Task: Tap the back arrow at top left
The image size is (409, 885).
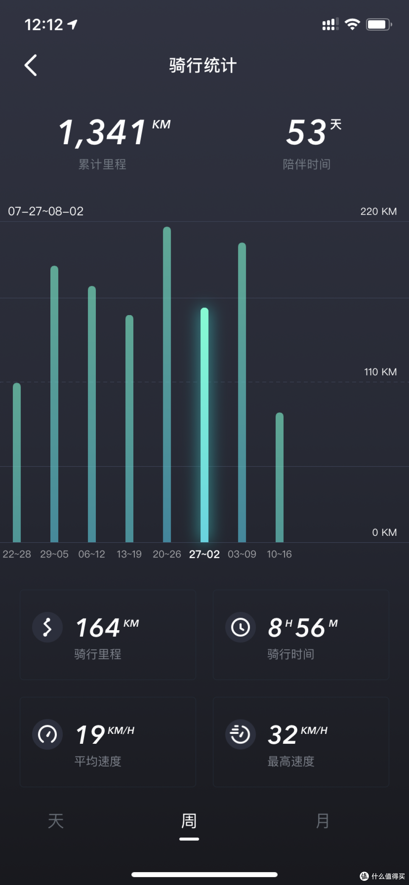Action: (31, 65)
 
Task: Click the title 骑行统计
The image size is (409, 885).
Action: (203, 65)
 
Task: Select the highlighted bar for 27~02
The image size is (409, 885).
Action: (204, 425)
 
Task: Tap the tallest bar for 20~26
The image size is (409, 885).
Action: (167, 384)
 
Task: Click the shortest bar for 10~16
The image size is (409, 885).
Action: (279, 477)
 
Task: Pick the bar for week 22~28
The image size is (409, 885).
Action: (17, 462)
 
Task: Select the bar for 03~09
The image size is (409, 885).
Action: (242, 392)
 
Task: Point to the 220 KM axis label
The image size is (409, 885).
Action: (378, 211)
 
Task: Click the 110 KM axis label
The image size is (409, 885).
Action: (380, 372)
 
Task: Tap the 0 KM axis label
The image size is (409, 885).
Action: (384, 532)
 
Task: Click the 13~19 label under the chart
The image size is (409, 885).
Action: (129, 554)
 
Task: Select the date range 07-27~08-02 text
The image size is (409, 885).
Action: (46, 211)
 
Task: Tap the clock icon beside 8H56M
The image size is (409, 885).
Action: (240, 627)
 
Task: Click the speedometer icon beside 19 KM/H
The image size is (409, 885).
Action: (47, 734)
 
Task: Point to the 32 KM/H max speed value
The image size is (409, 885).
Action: (298, 734)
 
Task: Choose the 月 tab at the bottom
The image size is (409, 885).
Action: (322, 821)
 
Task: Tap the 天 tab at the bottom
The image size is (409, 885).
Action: (56, 821)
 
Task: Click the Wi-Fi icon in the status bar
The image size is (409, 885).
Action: (352, 25)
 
